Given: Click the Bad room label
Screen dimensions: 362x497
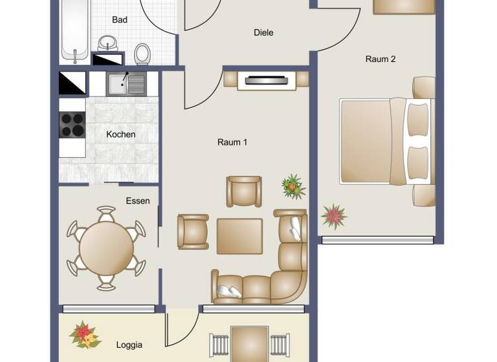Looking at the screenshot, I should coord(120,20).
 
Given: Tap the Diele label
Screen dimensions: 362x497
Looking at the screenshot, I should coord(263,32).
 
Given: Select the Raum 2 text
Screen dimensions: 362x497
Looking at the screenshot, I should coord(381,59).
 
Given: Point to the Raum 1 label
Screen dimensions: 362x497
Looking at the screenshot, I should coord(232,142).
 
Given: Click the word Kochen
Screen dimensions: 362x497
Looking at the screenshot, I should coord(121,134).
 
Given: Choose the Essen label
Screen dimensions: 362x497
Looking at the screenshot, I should coord(138,201).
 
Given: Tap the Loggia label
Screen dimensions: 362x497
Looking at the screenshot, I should coord(129,345).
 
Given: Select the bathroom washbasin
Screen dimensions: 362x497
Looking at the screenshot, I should coord(108,44).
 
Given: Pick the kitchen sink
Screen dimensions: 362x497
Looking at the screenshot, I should coord(118,83).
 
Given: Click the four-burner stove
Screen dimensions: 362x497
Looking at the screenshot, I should coord(72,125).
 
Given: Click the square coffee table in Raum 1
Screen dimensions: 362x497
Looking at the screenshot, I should coord(239,236).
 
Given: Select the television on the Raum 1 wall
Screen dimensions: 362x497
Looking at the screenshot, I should coord(267,81).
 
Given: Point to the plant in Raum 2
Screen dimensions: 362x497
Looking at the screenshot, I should coord(334,216).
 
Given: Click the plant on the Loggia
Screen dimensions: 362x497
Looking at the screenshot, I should coord(84,335).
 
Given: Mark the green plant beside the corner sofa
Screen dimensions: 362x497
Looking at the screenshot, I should coord(293,186).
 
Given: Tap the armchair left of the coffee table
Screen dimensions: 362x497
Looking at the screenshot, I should coord(193,231).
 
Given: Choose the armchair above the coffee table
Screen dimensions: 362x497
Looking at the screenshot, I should coord(244,191).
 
